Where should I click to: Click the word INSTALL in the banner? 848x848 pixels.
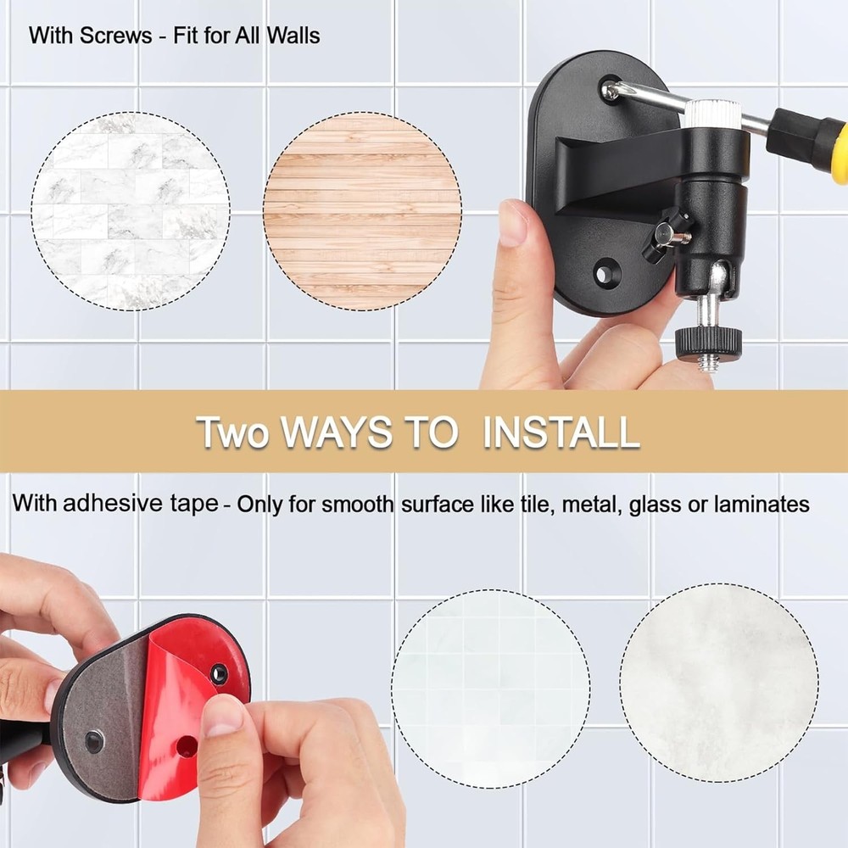pyautogui.click(x=561, y=432)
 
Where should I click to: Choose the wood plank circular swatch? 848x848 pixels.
pyautogui.click(x=362, y=210)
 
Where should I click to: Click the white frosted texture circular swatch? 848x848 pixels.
pyautogui.click(x=718, y=683)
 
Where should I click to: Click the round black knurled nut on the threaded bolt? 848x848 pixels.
pyautogui.click(x=709, y=342)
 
